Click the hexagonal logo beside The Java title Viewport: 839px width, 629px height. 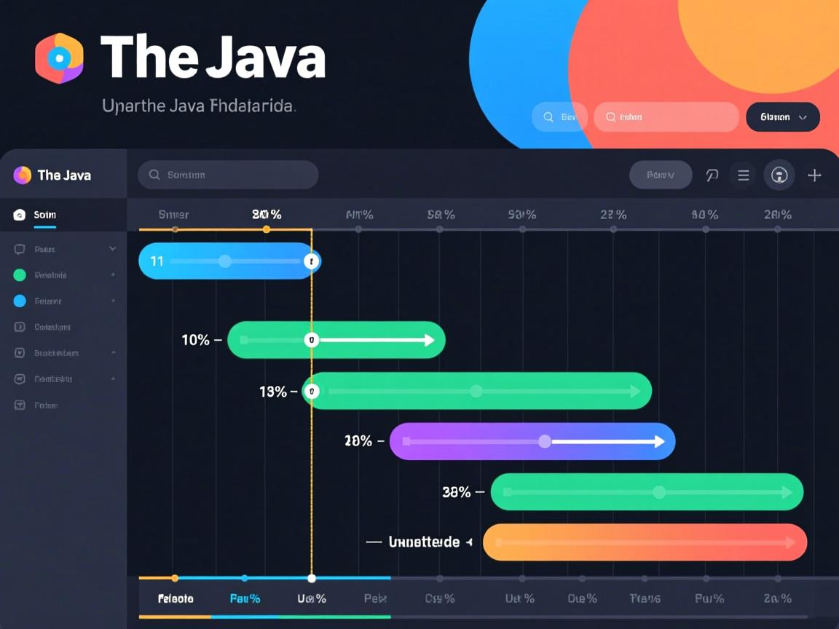(59, 58)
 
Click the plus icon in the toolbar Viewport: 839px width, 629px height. (814, 175)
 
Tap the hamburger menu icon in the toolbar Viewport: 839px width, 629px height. (743, 175)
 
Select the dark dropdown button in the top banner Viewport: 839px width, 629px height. (783, 117)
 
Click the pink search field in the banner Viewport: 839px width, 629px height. (666, 117)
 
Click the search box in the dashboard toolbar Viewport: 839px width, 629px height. (228, 175)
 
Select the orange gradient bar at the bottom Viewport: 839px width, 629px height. (645, 542)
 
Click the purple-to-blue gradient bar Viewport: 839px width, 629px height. (532, 441)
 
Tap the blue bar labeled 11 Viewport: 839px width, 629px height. (229, 261)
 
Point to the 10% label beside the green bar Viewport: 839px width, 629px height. (195, 340)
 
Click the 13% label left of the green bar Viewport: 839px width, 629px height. (273, 392)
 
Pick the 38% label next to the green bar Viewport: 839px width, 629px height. (457, 492)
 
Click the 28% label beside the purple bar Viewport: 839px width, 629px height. (358, 441)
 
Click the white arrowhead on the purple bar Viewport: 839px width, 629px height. (659, 441)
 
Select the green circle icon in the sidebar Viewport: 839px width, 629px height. (20, 275)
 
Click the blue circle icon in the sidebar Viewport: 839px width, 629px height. (20, 301)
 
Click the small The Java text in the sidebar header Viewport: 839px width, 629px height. (64, 175)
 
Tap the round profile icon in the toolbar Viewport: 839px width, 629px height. (779, 175)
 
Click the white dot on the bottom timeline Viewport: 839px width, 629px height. (312, 579)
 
